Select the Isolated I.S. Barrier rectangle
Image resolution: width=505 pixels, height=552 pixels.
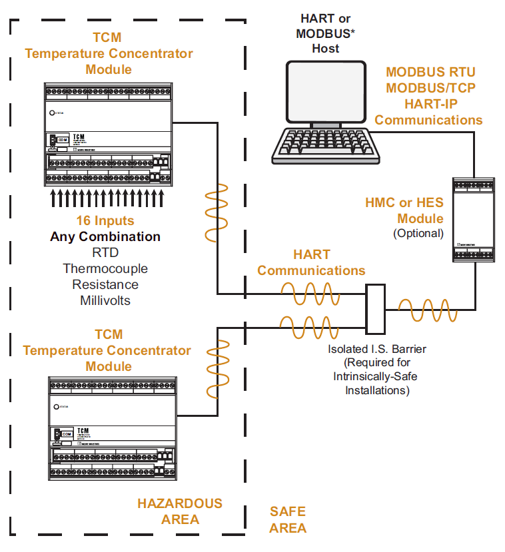[x=376, y=309]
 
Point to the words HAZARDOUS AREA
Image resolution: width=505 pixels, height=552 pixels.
[x=180, y=511]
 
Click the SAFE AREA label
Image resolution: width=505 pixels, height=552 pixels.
[x=288, y=520]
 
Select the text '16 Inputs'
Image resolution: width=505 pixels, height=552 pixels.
[x=105, y=220]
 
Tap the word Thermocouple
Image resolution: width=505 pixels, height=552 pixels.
[x=105, y=268]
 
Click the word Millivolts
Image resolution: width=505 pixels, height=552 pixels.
[x=105, y=300]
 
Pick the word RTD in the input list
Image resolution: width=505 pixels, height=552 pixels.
[x=105, y=252]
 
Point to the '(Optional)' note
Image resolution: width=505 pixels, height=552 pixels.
[x=418, y=233]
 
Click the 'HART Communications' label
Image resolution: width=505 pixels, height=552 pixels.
[x=311, y=262]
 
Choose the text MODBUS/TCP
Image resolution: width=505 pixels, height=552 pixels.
[x=430, y=88]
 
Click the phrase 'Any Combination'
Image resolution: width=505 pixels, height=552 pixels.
[x=105, y=236]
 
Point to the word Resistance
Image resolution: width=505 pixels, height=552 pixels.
[x=105, y=284]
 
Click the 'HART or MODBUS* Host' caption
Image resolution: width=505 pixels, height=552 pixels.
[x=325, y=33]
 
